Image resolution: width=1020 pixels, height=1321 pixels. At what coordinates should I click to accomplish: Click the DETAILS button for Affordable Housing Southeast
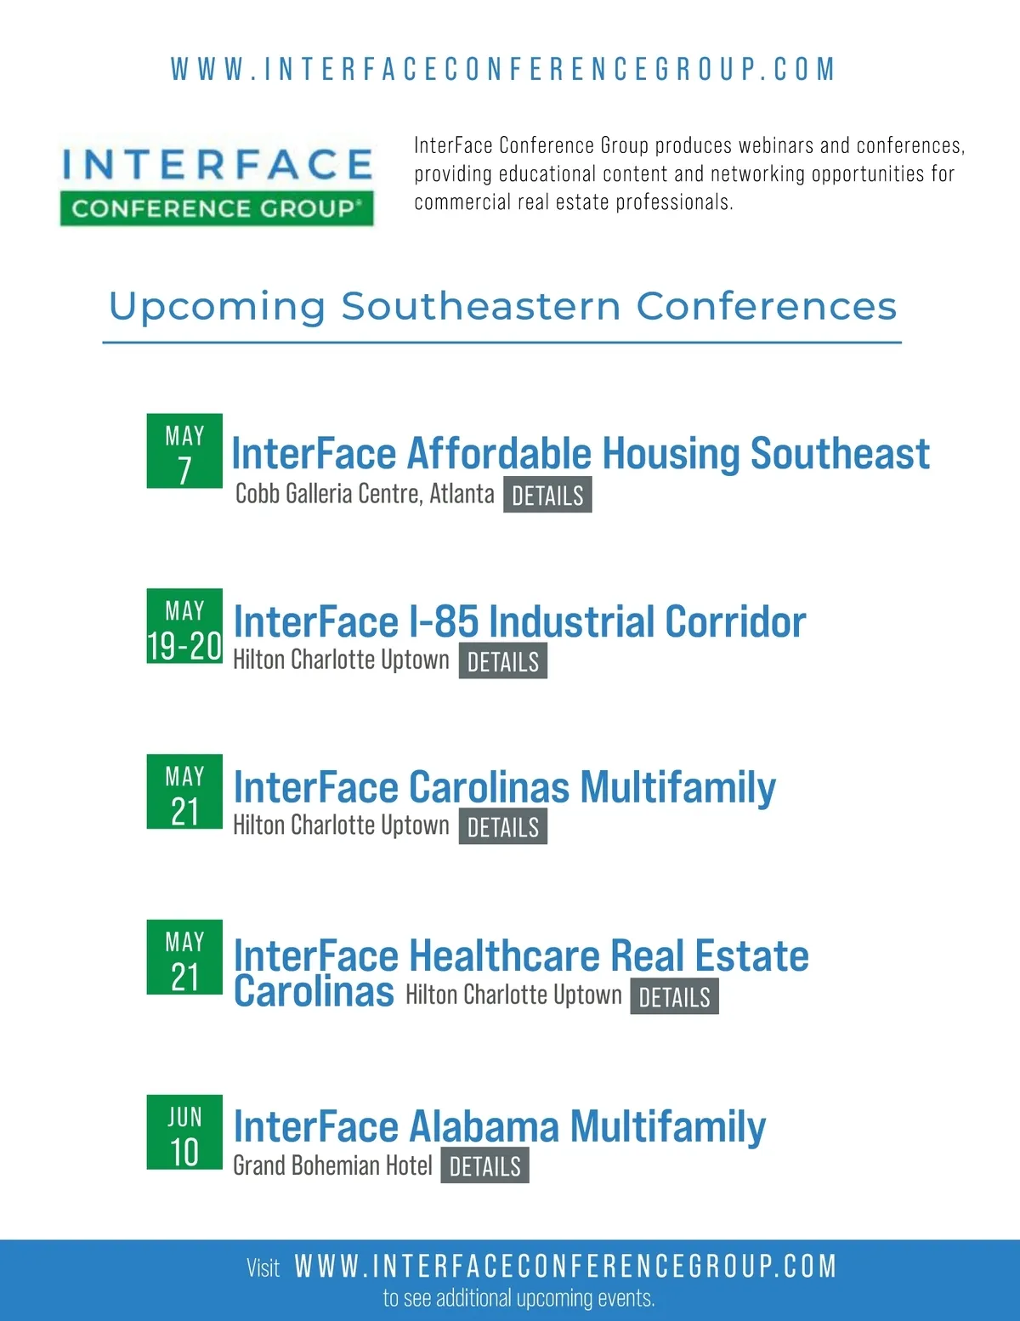(x=547, y=495)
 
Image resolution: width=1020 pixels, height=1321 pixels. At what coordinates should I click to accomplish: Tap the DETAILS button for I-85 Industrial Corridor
(x=502, y=660)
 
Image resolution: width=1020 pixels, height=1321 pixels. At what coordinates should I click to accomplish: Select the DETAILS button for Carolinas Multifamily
(x=502, y=826)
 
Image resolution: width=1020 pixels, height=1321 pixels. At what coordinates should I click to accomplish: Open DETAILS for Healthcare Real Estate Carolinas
(x=674, y=996)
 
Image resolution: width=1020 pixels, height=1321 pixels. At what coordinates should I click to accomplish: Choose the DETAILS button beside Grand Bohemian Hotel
(x=484, y=1165)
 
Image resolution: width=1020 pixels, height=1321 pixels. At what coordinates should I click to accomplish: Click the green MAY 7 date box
(x=184, y=451)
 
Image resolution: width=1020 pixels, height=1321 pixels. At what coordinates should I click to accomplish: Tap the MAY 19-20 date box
(x=184, y=626)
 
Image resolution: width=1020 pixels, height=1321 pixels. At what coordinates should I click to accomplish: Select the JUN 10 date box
(x=184, y=1132)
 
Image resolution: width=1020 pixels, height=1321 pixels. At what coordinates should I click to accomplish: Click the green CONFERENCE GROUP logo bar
(x=217, y=208)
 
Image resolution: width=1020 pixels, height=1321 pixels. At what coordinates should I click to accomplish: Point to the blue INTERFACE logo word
(x=217, y=163)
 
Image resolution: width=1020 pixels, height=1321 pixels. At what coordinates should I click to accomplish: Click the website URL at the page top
(x=503, y=69)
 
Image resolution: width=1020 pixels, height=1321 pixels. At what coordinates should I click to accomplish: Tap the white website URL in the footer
(x=565, y=1267)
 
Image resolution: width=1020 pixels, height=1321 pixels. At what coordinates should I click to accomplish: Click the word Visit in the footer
(x=263, y=1268)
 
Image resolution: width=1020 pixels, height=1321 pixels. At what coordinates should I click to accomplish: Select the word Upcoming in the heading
(x=217, y=306)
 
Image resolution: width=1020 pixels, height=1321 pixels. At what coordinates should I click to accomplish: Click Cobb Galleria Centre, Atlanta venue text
(x=365, y=494)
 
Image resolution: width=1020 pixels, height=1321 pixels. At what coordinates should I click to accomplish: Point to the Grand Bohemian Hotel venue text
(x=332, y=1165)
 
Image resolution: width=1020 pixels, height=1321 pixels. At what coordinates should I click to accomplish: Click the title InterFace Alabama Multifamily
(x=499, y=1126)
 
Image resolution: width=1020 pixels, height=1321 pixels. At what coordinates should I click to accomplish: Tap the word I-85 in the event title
(x=444, y=621)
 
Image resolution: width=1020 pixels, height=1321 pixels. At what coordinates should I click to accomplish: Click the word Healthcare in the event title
(x=504, y=955)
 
